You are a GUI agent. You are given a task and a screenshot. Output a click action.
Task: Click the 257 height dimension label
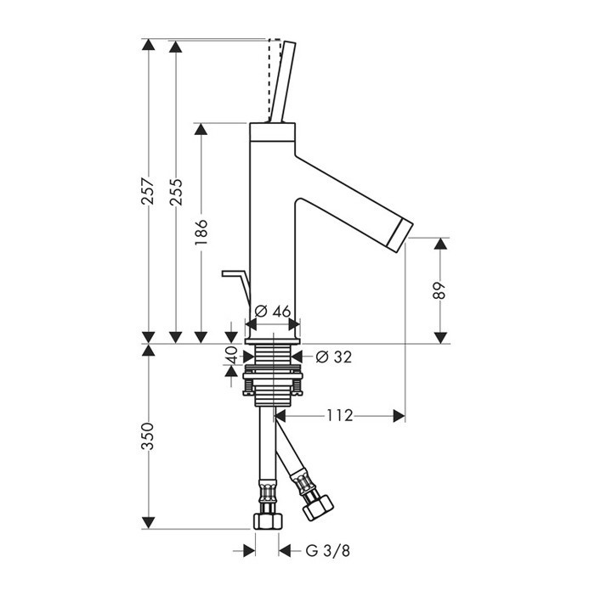pyautogui.click(x=148, y=191)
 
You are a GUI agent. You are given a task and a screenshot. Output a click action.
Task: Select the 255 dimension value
pyautogui.click(x=176, y=192)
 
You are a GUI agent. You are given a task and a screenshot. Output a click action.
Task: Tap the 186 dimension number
pyautogui.click(x=201, y=232)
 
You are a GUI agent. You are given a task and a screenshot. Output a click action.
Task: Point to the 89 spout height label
pyautogui.click(x=439, y=290)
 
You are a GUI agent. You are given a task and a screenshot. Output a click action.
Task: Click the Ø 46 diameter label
pyautogui.click(x=272, y=312)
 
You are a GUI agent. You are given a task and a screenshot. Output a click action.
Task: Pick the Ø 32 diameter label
pyautogui.click(x=334, y=357)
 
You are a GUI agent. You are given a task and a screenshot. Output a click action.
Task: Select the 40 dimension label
pyautogui.click(x=231, y=355)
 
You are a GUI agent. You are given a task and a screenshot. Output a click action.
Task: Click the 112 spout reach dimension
pyautogui.click(x=340, y=416)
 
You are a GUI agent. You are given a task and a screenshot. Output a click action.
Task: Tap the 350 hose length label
pyautogui.click(x=148, y=436)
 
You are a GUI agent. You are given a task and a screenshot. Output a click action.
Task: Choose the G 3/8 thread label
pyautogui.click(x=327, y=551)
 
